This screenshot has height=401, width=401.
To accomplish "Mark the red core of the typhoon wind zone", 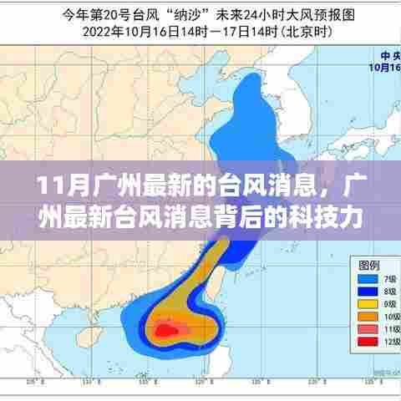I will click(x=165, y=332).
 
